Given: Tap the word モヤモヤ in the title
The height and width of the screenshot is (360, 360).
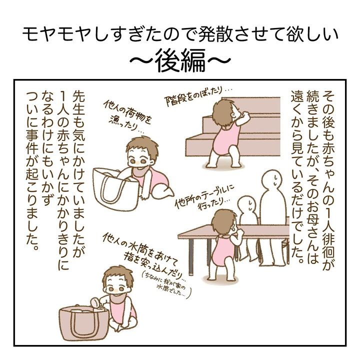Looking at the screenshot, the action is (58, 35).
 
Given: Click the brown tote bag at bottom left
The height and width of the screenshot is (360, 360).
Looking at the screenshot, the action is (83, 323).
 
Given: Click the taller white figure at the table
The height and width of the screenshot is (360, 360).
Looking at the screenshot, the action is (273, 218).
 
